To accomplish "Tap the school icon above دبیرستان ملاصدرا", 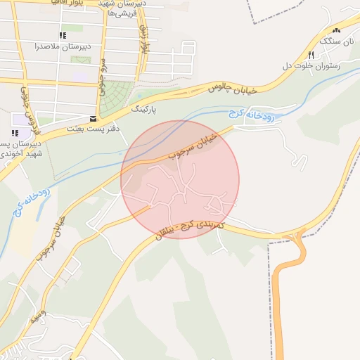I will (x=63, y=34).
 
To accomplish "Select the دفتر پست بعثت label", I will (x=94, y=129).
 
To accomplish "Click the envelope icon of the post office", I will (x=94, y=118).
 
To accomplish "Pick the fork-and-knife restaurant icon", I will (x=310, y=54).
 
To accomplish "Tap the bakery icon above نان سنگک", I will (x=335, y=30).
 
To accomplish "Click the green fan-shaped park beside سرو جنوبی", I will (x=115, y=98).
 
